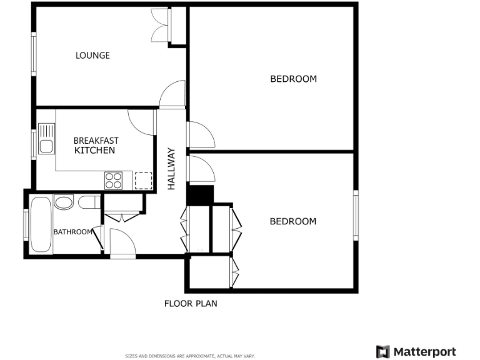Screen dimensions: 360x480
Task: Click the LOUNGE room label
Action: point(92,56)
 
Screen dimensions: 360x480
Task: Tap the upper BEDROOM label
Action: point(293,79)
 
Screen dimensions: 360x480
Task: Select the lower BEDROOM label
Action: point(292,221)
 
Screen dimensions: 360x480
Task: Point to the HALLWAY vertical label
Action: point(172,169)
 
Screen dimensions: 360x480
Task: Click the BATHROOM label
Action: point(72,232)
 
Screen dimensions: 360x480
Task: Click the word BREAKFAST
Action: point(96,141)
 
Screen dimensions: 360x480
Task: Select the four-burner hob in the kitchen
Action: point(114,180)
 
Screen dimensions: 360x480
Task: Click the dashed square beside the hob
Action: point(144,180)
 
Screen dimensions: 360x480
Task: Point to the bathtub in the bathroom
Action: point(41,225)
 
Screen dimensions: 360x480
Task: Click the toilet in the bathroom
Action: point(89,202)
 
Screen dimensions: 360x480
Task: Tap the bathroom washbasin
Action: point(63,201)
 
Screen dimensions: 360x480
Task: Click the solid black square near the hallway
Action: point(201,194)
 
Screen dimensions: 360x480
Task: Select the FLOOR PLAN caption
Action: point(191,304)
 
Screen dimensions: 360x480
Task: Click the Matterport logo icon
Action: point(382,351)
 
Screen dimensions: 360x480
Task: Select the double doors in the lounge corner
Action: point(161,26)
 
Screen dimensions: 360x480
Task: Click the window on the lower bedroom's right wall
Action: point(356,214)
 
